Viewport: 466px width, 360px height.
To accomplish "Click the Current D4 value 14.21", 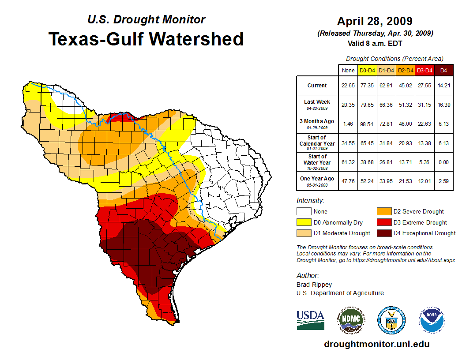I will tap(443, 86).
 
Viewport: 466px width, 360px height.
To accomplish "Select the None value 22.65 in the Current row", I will tap(348, 86).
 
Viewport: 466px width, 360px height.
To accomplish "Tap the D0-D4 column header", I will tap(367, 70).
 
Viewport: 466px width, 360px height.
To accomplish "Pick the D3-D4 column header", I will tap(425, 70).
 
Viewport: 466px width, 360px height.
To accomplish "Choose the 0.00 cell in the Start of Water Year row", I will tap(443, 162).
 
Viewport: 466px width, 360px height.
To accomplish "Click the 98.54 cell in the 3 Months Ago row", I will tap(367, 124).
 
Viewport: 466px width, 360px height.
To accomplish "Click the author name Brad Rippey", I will tap(314, 285).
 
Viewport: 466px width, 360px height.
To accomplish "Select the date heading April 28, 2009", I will tap(375, 21).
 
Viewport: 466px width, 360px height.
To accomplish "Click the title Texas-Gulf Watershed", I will tap(146, 39).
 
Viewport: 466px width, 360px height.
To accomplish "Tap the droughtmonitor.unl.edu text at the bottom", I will tap(377, 344).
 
